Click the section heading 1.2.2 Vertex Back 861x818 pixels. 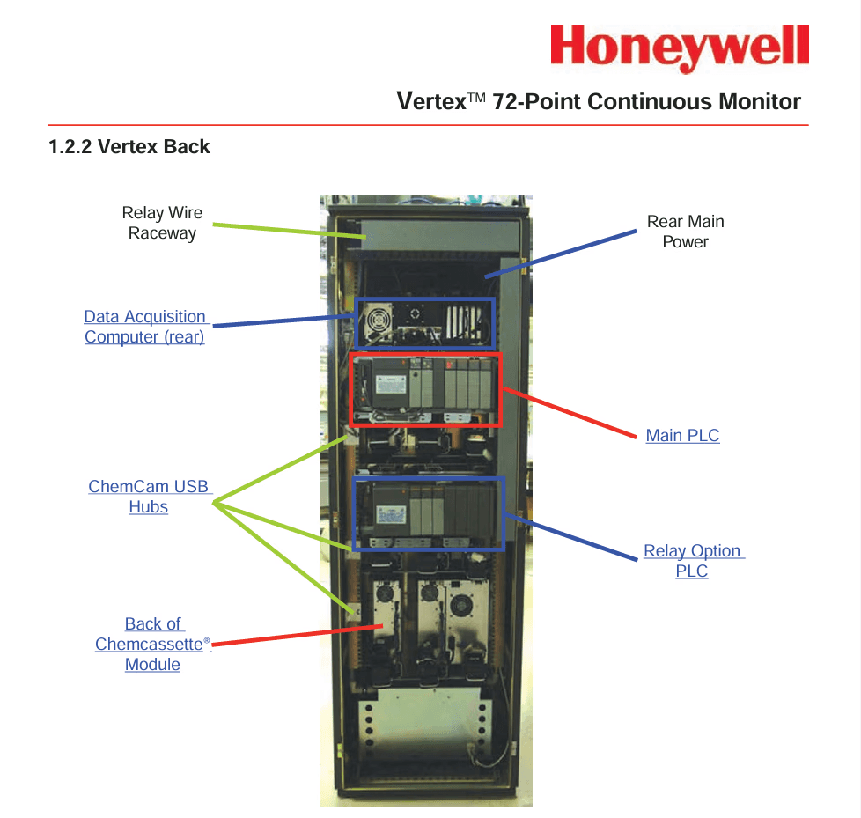point(129,147)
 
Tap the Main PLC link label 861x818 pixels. point(682,435)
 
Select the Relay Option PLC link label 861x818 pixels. point(693,561)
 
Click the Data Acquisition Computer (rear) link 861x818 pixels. point(145,327)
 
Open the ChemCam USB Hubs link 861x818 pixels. point(149,497)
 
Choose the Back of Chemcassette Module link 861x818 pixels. point(153,644)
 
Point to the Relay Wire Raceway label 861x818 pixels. point(162,223)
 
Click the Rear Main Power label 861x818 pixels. point(685,232)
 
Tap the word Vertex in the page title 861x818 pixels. point(431,101)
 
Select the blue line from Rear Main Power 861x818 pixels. point(563,253)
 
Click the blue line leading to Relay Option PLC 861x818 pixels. point(577,537)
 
